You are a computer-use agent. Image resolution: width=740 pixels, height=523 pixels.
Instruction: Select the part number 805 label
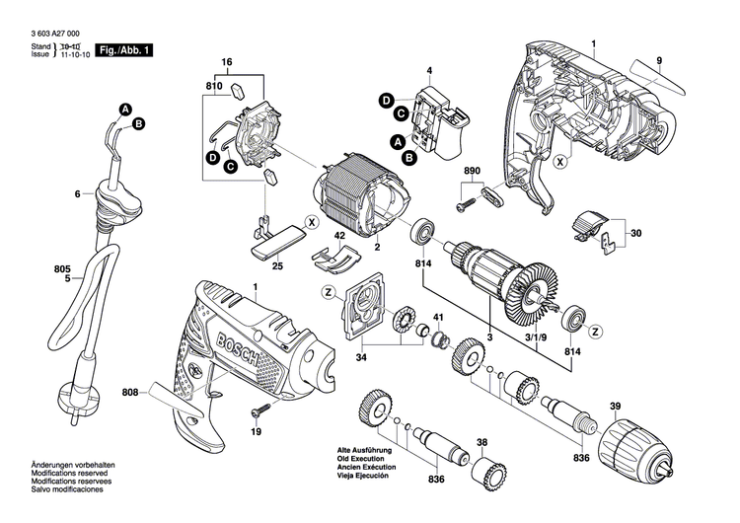[35, 267]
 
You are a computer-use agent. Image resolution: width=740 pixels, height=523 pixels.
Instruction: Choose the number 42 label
[338, 236]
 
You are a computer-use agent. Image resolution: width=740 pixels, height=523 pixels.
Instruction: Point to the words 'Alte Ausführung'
[364, 448]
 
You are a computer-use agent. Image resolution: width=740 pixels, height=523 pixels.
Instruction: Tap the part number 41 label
[438, 316]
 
